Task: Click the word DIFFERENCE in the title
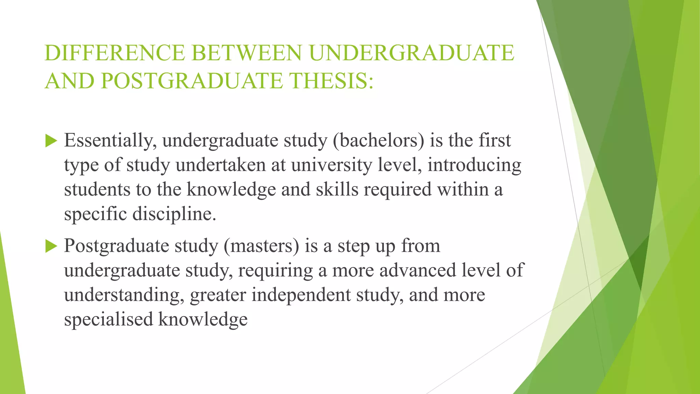[115, 53]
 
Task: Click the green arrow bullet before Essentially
[51, 141]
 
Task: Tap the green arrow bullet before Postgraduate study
[51, 246]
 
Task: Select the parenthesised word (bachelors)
[378, 141]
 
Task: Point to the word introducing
[474, 165]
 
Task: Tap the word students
[97, 190]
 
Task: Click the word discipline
[174, 214]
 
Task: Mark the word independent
[301, 295]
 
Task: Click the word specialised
[108, 320]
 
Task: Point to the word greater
[218, 295]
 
